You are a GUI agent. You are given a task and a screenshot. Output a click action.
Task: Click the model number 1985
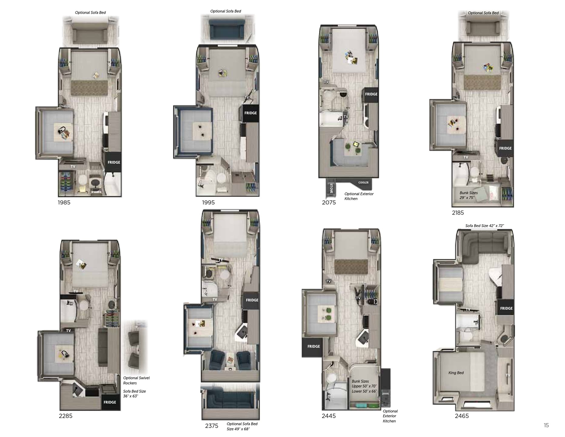pyautogui.click(x=64, y=202)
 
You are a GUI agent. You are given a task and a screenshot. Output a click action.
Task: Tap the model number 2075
pyautogui.click(x=329, y=202)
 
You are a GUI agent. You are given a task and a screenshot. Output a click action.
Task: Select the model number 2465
pyautogui.click(x=462, y=416)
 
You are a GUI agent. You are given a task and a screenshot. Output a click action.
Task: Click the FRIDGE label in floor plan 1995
pyautogui.click(x=250, y=113)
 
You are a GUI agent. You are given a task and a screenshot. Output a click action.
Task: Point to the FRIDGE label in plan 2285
pyautogui.click(x=110, y=402)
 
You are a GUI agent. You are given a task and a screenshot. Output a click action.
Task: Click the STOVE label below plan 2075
pyautogui.click(x=331, y=188)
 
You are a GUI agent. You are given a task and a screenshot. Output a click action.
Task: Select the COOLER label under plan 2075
pyautogui.click(x=363, y=182)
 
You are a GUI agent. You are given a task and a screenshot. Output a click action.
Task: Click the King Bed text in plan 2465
pyautogui.click(x=456, y=373)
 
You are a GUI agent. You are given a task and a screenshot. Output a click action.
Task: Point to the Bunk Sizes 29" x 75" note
pyautogui.click(x=468, y=195)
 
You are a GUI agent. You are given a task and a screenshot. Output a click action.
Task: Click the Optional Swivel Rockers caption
pyautogui.click(x=136, y=380)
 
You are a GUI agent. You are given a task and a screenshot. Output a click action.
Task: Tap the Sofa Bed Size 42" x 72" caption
pyautogui.click(x=484, y=226)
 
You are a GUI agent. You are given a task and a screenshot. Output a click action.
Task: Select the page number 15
pyautogui.click(x=546, y=425)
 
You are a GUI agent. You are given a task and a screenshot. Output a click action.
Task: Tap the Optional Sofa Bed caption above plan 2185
pyautogui.click(x=483, y=13)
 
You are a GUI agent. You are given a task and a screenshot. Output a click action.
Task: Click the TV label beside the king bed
pyautogui.click(x=508, y=375)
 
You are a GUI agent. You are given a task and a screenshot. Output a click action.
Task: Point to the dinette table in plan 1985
pyautogui.click(x=63, y=132)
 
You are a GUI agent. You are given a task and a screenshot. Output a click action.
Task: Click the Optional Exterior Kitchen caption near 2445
pyautogui.click(x=390, y=416)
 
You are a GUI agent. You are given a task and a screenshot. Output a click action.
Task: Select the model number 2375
pyautogui.click(x=211, y=426)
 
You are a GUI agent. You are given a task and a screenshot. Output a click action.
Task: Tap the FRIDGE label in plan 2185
pyautogui.click(x=505, y=148)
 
